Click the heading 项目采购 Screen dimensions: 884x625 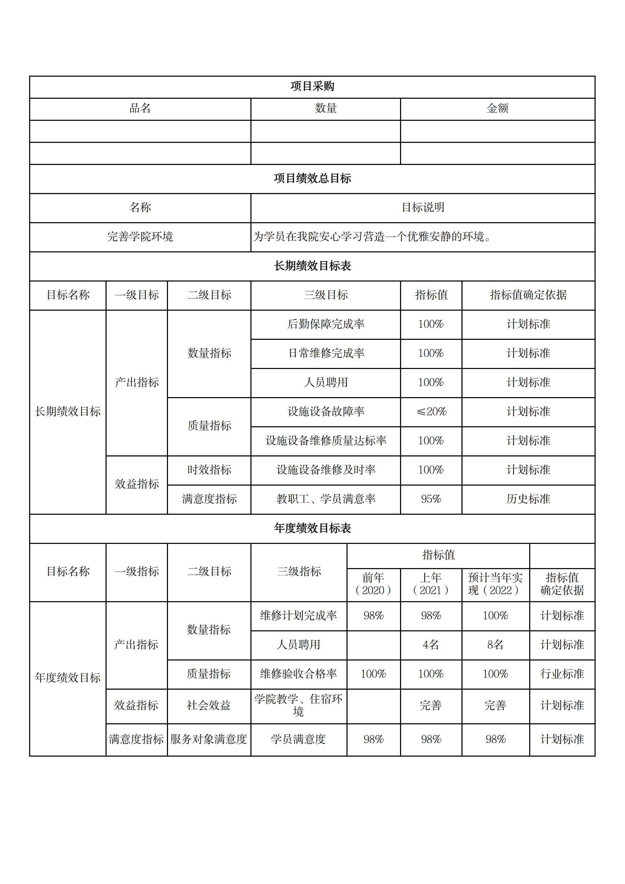click(x=312, y=86)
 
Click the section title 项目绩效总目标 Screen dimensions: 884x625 click(x=312, y=179)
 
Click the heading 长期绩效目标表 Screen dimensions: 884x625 click(x=312, y=266)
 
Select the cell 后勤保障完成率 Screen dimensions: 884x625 click(x=325, y=324)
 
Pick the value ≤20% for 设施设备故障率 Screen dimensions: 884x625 click(x=431, y=412)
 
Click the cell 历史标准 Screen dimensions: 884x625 click(x=528, y=499)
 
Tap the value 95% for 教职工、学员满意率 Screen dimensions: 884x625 click(x=431, y=499)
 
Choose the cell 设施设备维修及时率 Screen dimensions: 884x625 click(x=325, y=470)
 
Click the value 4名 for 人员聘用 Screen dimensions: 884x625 click(x=431, y=645)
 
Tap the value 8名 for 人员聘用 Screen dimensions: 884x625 click(x=495, y=645)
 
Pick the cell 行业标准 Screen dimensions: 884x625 click(x=562, y=674)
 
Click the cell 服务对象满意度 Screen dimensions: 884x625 click(x=209, y=739)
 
